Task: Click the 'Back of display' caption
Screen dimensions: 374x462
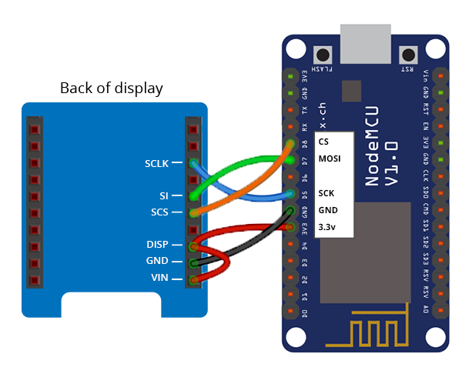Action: (x=112, y=88)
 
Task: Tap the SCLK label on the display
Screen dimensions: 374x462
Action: (x=160, y=163)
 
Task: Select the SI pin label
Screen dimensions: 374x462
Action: (x=174, y=196)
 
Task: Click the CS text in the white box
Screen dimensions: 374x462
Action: (x=323, y=142)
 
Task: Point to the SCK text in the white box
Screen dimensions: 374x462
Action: (x=327, y=193)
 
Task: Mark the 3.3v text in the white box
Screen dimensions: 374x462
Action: (x=328, y=226)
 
